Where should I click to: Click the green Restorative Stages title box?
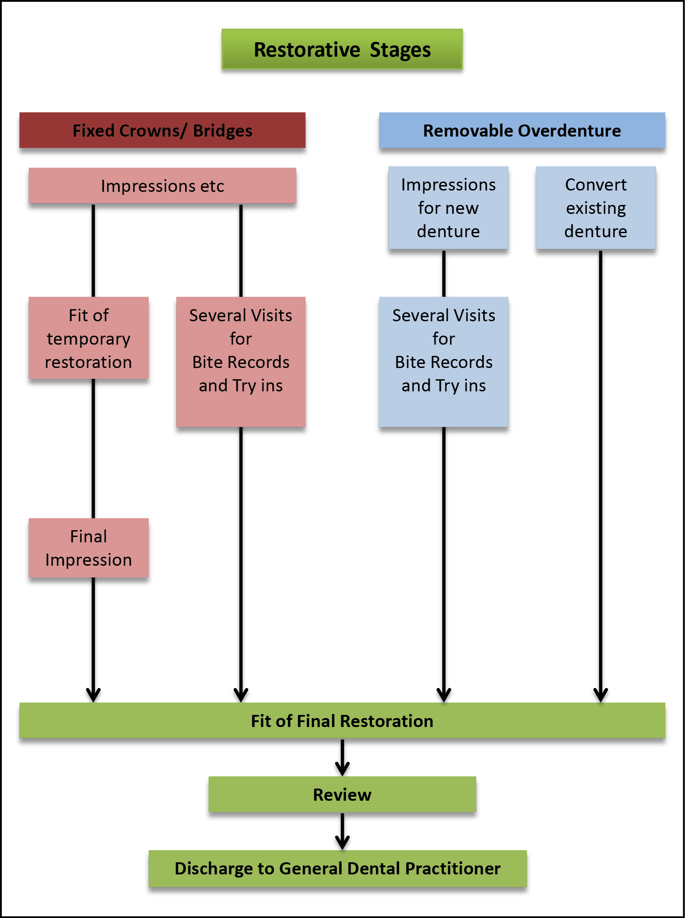tap(342, 49)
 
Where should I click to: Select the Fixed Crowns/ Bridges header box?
tap(162, 130)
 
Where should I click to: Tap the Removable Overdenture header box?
tap(522, 130)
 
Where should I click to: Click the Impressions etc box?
tap(162, 186)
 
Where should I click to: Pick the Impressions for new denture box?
tap(448, 208)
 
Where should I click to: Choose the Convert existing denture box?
tap(596, 208)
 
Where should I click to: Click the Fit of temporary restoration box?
tap(89, 338)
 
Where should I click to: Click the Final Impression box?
tap(89, 548)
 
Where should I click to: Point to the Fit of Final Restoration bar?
tap(342, 720)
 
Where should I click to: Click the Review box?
tap(342, 794)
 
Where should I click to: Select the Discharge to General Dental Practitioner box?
tap(338, 868)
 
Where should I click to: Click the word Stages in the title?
tap(400, 50)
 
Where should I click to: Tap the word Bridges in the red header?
tap(222, 131)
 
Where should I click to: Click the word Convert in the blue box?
tap(596, 185)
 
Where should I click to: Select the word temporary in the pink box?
tap(89, 339)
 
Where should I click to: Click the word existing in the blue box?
tap(596, 208)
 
